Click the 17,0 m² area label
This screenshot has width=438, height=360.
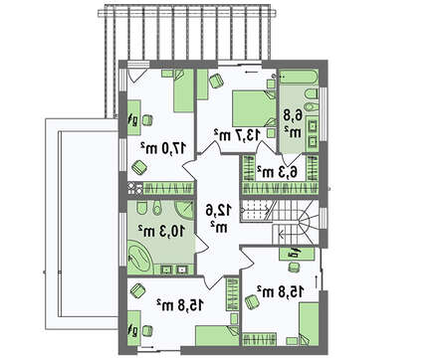point(162,148)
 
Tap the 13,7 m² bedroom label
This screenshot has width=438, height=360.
point(237,134)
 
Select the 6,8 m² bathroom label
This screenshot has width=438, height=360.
point(293,123)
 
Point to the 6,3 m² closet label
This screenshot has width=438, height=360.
point(277,171)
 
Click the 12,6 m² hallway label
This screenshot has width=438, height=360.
point(218,218)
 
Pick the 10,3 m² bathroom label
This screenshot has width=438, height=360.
point(161,231)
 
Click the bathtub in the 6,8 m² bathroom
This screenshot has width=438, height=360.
point(299,78)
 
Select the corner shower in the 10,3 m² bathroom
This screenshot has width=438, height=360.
point(183,210)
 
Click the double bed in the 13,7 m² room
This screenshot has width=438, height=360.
point(254,108)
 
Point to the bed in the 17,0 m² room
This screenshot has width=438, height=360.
point(183,90)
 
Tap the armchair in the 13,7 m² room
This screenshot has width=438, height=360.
point(216,81)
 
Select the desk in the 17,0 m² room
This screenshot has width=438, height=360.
point(133,117)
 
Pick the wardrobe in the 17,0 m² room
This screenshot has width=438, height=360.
point(168,188)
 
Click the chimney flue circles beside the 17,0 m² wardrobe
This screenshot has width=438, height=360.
point(135,188)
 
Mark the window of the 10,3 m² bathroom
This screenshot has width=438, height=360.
point(123,239)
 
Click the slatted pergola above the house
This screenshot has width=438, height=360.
point(187,38)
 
